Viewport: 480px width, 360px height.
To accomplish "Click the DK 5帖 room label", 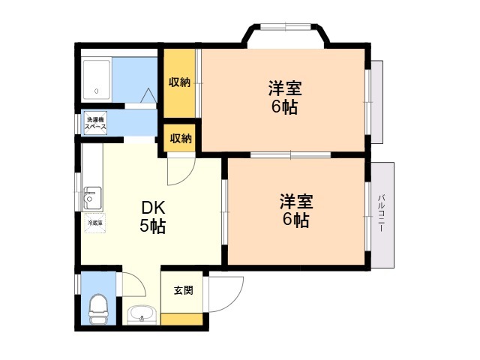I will (x=152, y=217).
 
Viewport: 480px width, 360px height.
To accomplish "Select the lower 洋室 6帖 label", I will (x=296, y=211).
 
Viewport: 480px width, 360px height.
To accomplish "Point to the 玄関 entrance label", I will (x=183, y=290).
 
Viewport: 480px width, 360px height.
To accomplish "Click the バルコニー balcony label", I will (x=381, y=214).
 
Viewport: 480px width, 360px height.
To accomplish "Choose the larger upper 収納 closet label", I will (x=178, y=82).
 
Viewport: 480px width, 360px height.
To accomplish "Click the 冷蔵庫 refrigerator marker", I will (x=94, y=223).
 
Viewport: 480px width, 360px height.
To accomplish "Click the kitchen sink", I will (x=93, y=199).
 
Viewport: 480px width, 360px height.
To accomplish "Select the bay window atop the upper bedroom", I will (x=287, y=34).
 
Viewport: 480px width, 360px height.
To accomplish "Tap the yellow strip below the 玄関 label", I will (x=182, y=319).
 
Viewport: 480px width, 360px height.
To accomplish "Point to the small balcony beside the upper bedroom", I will (x=377, y=101).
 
